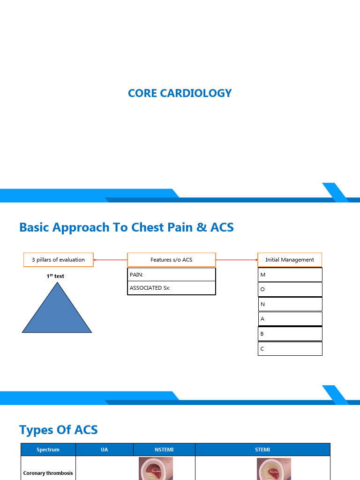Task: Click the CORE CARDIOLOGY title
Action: click(x=180, y=93)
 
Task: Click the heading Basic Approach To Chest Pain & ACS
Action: click(x=127, y=228)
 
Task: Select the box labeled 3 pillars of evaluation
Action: click(x=59, y=260)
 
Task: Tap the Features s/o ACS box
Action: click(x=172, y=260)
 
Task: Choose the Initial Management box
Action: click(x=290, y=260)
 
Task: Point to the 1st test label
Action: click(x=55, y=276)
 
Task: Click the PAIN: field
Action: click(x=172, y=275)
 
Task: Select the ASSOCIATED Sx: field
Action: click(x=172, y=288)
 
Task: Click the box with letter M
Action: click(x=290, y=275)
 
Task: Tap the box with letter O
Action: click(x=290, y=289)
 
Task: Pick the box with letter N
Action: click(x=290, y=304)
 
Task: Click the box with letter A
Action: click(x=290, y=319)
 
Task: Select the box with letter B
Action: click(x=290, y=334)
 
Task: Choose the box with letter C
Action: click(x=290, y=349)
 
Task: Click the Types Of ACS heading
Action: click(x=59, y=430)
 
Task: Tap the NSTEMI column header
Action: click(x=164, y=450)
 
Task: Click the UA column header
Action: click(x=104, y=450)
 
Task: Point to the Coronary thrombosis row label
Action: click(x=48, y=473)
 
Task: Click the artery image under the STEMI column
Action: click(x=274, y=469)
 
